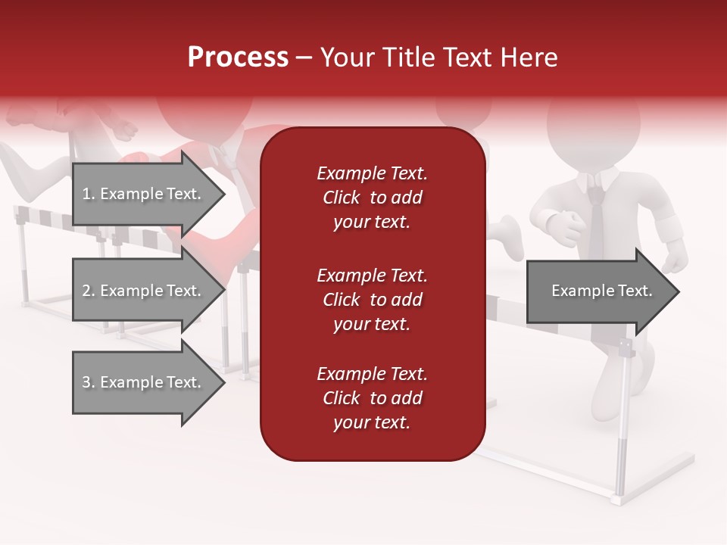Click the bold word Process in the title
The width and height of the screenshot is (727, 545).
click(238, 58)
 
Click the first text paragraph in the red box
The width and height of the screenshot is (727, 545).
click(372, 198)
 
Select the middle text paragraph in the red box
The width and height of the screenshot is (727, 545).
click(372, 300)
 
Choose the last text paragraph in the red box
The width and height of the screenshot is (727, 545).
click(372, 398)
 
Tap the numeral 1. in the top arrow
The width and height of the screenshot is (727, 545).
click(89, 194)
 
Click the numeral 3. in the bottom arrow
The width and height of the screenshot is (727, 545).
click(89, 382)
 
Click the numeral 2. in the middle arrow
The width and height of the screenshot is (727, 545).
click(89, 291)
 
